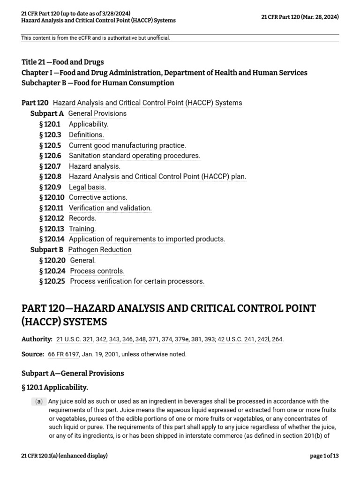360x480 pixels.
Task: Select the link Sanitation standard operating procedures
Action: click(135, 156)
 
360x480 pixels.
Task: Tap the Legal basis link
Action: click(88, 187)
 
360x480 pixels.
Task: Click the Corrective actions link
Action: click(98, 197)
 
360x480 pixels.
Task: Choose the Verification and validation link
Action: click(110, 208)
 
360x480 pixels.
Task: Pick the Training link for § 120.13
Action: click(82, 229)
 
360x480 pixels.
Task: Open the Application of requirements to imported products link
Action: click(147, 239)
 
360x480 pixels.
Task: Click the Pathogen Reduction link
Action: click(100, 250)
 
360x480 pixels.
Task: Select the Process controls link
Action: click(97, 271)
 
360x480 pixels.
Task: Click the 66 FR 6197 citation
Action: click(64, 354)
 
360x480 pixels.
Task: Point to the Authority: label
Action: click(37, 339)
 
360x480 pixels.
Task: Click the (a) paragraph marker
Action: click(39, 401)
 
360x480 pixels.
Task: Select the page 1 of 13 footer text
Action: click(324, 456)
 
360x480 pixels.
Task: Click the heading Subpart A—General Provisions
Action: click(73, 373)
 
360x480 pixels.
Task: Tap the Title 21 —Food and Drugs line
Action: click(63, 62)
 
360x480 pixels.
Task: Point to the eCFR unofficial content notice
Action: click(96, 38)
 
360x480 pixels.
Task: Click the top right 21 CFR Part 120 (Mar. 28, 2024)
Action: click(300, 17)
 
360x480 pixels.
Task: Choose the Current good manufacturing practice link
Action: click(127, 145)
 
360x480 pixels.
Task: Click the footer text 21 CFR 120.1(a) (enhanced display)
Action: click(64, 456)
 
